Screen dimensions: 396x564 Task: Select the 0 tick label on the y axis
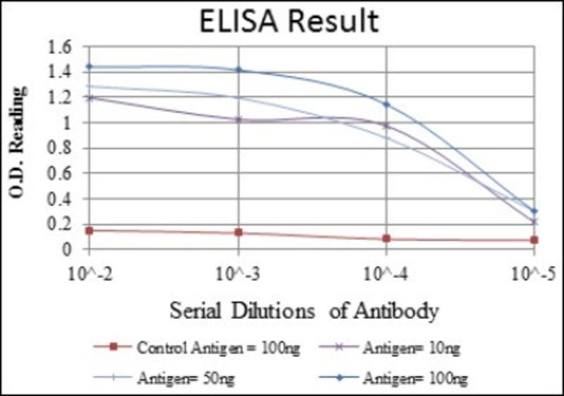pyautogui.click(x=78, y=250)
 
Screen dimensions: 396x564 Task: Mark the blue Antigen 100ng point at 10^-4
pyautogui.click(x=386, y=105)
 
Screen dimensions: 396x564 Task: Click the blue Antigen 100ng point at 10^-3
pyautogui.click(x=238, y=70)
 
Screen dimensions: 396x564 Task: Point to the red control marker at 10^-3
pyautogui.click(x=238, y=232)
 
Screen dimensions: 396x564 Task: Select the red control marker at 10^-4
pyautogui.click(x=386, y=238)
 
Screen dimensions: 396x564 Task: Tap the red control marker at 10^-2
pyautogui.click(x=89, y=230)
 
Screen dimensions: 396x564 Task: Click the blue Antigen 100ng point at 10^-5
pyautogui.click(x=534, y=211)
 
